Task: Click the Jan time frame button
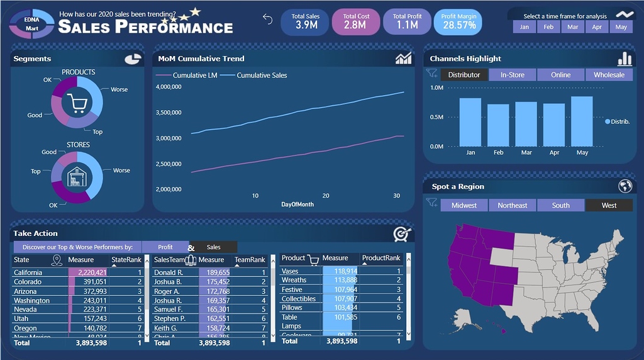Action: pyautogui.click(x=525, y=27)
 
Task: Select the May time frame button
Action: pyautogui.click(x=621, y=27)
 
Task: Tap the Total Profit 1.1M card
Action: pyautogui.click(x=408, y=21)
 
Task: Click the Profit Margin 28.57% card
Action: pyautogui.click(x=458, y=21)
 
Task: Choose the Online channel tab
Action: pyautogui.click(x=560, y=75)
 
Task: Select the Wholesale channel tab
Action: pyautogui.click(x=609, y=75)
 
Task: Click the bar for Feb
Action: pyautogui.click(x=498, y=125)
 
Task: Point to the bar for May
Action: pyautogui.click(x=582, y=121)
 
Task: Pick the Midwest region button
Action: pyautogui.click(x=464, y=205)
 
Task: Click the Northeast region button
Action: pyautogui.click(x=513, y=205)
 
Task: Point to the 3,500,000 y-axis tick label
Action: pyautogui.click(x=168, y=113)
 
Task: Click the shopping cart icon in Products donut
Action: pyautogui.click(x=77, y=103)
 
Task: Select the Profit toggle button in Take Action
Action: pyautogui.click(x=165, y=247)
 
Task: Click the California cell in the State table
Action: pyautogui.click(x=28, y=273)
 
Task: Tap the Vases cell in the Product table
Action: pyautogui.click(x=290, y=271)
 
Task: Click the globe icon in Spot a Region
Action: pyautogui.click(x=625, y=186)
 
